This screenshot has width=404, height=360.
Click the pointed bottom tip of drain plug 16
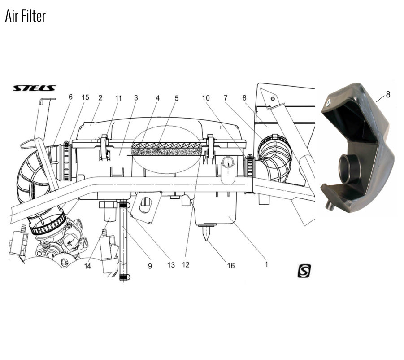coord(206,241)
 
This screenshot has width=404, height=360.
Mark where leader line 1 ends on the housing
coord(229,217)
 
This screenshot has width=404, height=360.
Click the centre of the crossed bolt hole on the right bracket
coord(273,98)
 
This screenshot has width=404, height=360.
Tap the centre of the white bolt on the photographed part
coord(328,103)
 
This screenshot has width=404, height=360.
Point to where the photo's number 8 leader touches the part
coord(376,102)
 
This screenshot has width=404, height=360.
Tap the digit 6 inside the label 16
coord(232,266)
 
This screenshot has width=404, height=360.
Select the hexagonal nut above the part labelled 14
coord(108,205)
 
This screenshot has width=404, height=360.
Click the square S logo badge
coord(304,271)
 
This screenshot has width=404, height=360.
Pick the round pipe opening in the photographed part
coord(347,169)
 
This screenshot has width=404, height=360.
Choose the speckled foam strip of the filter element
coord(166,152)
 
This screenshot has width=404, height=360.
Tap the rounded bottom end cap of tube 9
coord(125,277)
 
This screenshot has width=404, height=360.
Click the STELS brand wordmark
coord(34,88)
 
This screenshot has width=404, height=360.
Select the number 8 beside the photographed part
coord(388,95)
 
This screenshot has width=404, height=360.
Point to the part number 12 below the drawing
coord(186,264)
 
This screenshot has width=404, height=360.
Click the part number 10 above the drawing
coord(206,98)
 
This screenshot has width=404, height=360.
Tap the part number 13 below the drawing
coord(171,265)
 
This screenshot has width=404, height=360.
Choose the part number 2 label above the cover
coord(100,98)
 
